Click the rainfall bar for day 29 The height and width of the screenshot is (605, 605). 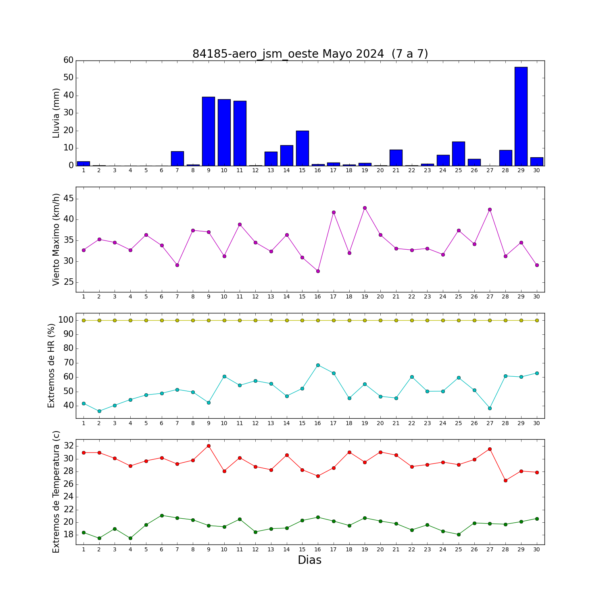[521, 116]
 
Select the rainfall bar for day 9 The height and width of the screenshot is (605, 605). [209, 131]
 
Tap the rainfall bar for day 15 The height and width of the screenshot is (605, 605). [302, 148]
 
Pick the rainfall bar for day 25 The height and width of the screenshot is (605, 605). [459, 154]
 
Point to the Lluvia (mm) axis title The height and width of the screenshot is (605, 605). [56, 113]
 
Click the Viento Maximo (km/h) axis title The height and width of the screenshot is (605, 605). [56, 240]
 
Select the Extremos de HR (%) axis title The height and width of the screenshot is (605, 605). [51, 365]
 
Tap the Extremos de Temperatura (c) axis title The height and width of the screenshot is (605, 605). [56, 492]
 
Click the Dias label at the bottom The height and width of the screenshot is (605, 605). [310, 560]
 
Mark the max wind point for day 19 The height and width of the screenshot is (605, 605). [365, 208]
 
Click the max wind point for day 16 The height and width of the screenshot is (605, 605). [318, 271]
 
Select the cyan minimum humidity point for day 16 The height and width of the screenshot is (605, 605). [318, 365]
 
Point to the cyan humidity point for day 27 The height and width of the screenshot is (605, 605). [490, 408]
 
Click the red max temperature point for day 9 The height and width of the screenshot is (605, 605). [209, 446]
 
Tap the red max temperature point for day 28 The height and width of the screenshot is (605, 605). [505, 480]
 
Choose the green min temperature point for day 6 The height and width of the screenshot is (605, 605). [162, 515]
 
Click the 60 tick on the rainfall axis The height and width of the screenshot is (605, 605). [69, 60]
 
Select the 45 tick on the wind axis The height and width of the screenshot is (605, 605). [69, 198]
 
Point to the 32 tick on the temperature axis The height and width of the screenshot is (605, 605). [69, 446]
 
